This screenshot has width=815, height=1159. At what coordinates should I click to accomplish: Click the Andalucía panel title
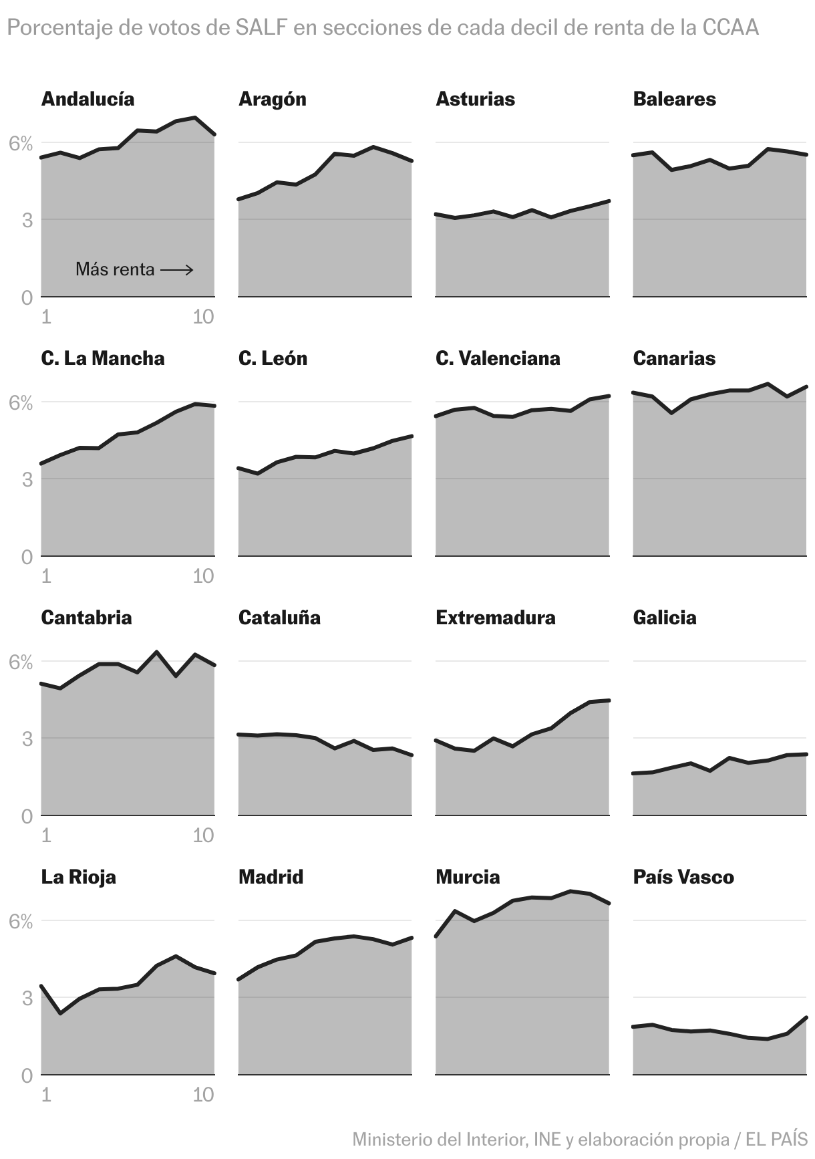click(88, 99)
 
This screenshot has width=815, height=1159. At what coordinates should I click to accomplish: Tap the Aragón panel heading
click(272, 99)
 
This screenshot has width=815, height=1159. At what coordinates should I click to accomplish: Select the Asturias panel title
click(475, 99)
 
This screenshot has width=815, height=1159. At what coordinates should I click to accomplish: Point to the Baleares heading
click(674, 99)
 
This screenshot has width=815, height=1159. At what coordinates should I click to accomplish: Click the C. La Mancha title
click(102, 358)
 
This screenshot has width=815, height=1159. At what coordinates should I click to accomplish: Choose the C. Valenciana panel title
click(498, 358)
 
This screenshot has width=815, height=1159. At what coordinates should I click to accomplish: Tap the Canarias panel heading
click(673, 358)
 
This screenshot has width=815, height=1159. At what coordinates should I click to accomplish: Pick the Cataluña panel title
click(279, 618)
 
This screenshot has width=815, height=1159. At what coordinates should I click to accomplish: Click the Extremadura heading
click(495, 618)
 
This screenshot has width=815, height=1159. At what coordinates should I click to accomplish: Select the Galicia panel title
click(664, 618)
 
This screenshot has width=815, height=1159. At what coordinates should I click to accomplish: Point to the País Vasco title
click(683, 877)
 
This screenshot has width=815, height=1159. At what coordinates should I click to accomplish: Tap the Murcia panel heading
click(467, 877)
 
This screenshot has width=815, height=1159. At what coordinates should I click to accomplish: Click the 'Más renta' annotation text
click(115, 269)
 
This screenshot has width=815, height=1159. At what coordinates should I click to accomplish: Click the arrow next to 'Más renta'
click(177, 270)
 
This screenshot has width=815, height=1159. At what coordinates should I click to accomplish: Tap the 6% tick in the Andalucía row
click(21, 144)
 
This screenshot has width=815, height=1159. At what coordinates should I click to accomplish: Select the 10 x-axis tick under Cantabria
click(203, 835)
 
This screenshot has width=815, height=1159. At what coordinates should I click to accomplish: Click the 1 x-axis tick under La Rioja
click(46, 1094)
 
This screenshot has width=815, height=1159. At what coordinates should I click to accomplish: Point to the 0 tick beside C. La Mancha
click(27, 557)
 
